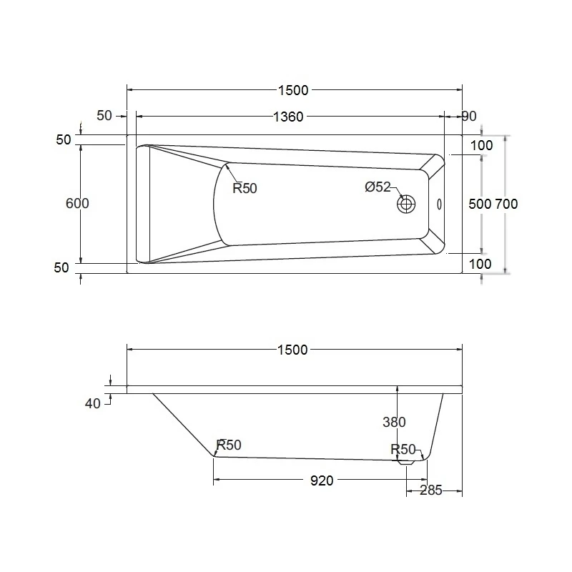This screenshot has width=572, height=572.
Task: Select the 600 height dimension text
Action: (77, 203)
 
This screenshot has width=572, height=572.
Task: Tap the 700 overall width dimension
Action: (506, 204)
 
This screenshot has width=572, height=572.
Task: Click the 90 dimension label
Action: (469, 117)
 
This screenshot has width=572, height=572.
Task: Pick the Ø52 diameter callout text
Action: (378, 187)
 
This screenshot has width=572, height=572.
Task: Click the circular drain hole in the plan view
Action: (407, 204)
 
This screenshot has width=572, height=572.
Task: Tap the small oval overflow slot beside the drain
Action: (439, 204)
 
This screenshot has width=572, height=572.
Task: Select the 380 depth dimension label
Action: (394, 422)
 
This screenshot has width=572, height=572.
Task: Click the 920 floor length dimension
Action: (322, 480)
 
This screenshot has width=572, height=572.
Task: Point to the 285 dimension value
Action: (430, 490)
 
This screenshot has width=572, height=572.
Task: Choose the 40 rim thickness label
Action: (93, 403)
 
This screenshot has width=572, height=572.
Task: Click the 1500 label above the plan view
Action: (293, 89)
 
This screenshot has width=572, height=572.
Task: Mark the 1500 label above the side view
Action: (293, 350)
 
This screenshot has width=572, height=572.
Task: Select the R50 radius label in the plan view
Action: (245, 189)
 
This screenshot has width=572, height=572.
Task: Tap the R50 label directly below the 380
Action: (403, 449)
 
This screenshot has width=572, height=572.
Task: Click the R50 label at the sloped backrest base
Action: (229, 445)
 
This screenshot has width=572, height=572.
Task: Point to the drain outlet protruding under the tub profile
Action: (406, 463)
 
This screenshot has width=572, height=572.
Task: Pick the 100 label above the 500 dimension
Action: (482, 146)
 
